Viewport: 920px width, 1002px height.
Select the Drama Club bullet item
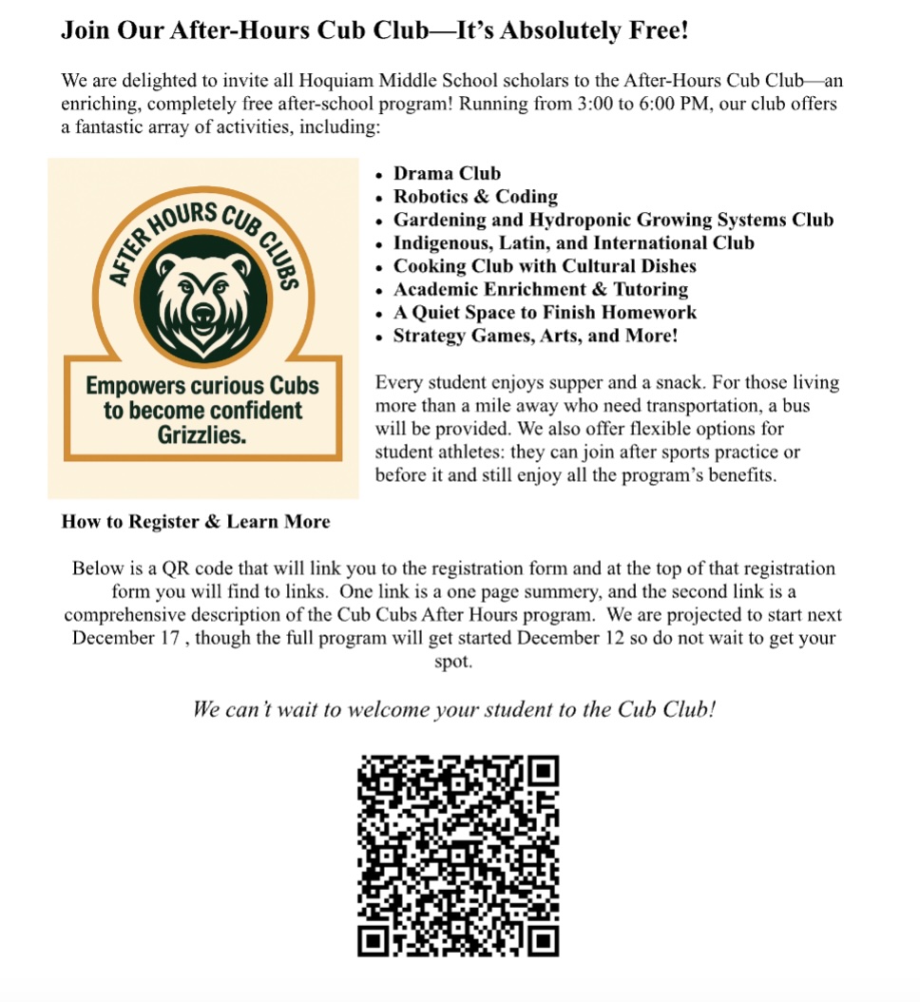pos(447,174)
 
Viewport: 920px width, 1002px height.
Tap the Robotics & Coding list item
pos(475,197)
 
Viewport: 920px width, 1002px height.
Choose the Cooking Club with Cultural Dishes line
pos(545,266)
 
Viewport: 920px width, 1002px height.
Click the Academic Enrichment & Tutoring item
pos(541,289)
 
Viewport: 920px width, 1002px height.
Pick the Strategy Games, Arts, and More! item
pos(535,336)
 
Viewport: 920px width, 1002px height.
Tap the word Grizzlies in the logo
pos(202,435)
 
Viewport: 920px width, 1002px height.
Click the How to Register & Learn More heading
pos(196,521)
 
